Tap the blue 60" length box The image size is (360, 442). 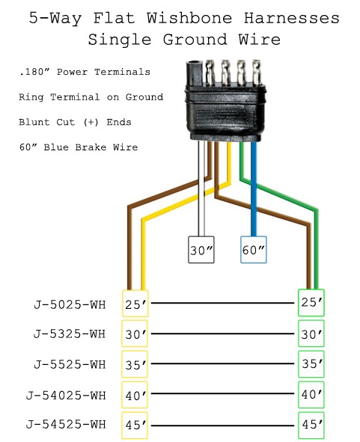(254, 251)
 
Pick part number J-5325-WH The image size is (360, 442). (69, 334)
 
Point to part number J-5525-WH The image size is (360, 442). (69, 364)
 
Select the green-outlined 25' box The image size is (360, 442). (311, 303)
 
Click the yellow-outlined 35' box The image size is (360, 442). (135, 364)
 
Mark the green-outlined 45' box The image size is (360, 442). (311, 424)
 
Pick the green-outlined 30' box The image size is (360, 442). (311, 334)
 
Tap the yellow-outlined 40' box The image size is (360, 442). (135, 394)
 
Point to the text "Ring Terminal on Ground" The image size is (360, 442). (91, 97)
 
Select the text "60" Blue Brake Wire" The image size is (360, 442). (78, 147)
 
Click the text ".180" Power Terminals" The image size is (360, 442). (85, 73)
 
